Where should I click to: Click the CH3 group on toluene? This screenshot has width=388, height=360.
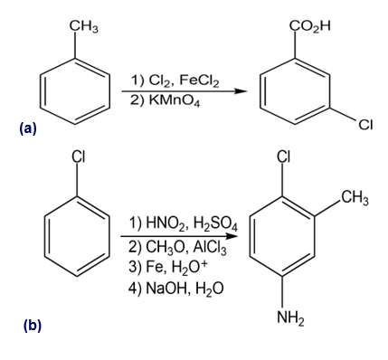(x=84, y=27)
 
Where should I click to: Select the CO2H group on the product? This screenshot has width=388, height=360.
(x=310, y=26)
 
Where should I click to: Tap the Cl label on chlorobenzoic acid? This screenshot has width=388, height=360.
(x=365, y=124)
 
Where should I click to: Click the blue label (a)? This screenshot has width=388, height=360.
(x=27, y=128)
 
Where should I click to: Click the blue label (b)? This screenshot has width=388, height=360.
(x=33, y=326)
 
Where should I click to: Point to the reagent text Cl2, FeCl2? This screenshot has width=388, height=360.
(x=175, y=81)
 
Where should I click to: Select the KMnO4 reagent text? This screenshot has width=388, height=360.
(x=165, y=100)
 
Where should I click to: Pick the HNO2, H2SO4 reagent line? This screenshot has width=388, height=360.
(x=183, y=224)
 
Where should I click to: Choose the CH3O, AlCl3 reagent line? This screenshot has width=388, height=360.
(x=177, y=248)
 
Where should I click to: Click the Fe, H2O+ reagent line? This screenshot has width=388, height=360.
(x=168, y=267)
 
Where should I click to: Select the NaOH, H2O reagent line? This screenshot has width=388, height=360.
(x=176, y=289)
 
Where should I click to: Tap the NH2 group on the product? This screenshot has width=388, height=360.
(x=290, y=317)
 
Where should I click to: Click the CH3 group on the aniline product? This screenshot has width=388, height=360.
(x=355, y=198)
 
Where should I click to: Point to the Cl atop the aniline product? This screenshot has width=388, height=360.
(x=284, y=156)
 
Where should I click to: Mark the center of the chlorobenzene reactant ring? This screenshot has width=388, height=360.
(x=77, y=236)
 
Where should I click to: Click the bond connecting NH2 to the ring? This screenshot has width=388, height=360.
(x=282, y=291)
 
